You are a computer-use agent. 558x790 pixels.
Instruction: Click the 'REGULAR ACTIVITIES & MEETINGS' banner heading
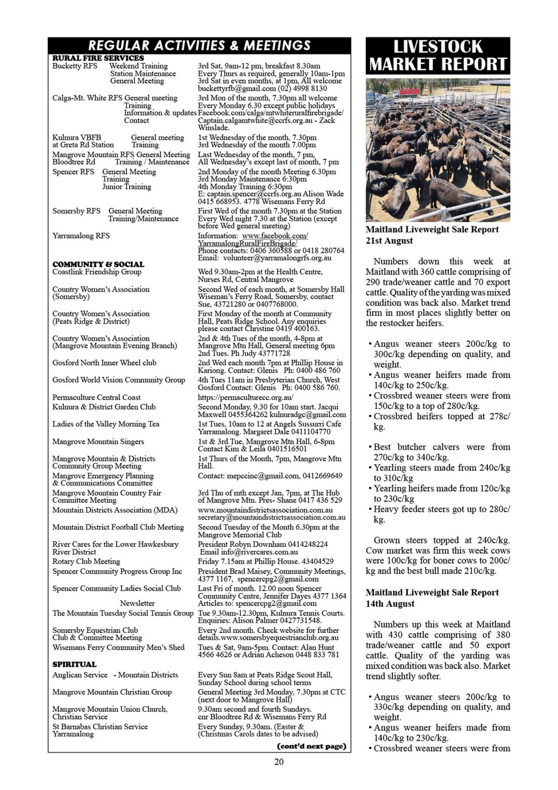[199, 45]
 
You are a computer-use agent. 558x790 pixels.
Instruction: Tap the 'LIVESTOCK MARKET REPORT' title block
[438, 56]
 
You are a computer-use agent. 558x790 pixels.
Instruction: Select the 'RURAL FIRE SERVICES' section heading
[98, 58]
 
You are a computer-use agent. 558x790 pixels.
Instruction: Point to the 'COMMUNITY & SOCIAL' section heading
[98, 264]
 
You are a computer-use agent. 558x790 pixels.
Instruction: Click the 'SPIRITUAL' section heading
[74, 664]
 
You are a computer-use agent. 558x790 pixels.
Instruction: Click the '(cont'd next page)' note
[312, 746]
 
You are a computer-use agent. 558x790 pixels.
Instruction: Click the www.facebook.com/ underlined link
[275, 236]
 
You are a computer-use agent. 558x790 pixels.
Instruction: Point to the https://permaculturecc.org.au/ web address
[246, 397]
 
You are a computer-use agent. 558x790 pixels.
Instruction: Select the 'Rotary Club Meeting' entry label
[86, 561]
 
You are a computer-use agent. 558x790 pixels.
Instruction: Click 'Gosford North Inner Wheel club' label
[104, 362]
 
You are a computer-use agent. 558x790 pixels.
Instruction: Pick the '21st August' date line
[389, 241]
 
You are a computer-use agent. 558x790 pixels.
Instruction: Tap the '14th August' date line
[390, 604]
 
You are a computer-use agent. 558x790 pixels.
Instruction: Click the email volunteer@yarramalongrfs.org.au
[277, 258]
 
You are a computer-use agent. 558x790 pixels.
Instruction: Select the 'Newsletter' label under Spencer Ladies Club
[137, 603]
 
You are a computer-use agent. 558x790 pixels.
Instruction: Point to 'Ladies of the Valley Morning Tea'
[106, 424]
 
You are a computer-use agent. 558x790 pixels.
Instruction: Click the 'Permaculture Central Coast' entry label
[96, 397]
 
